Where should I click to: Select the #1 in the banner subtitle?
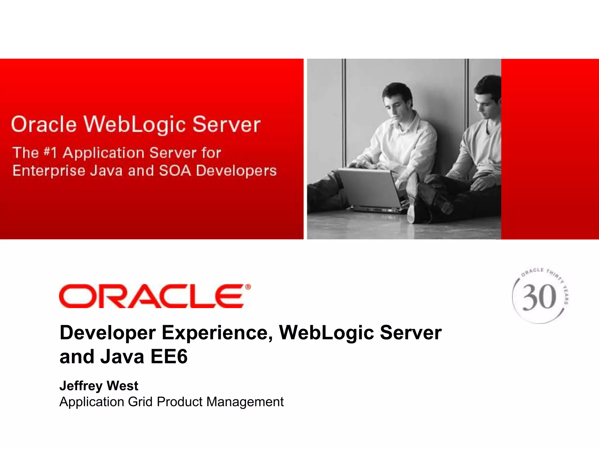(50, 153)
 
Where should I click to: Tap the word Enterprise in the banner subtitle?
(49, 171)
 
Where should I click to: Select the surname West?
(122, 386)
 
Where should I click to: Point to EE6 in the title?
(169, 357)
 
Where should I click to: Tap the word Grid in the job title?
(140, 402)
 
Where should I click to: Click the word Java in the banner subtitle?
(106, 171)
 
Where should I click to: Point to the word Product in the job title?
(180, 402)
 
